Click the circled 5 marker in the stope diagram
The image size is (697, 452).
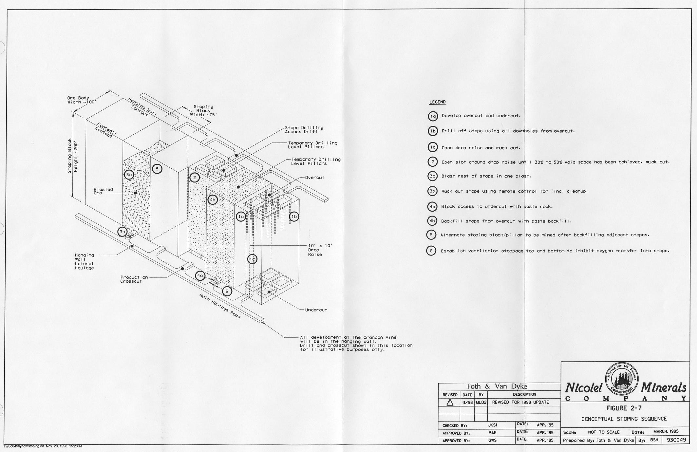coord(157,169)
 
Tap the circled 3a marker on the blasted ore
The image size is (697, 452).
coord(129,175)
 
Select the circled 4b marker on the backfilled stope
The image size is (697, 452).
coord(213,199)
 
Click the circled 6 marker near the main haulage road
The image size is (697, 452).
coord(227,291)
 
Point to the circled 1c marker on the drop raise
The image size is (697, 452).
coord(252,259)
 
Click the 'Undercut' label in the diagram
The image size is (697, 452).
coord(316,310)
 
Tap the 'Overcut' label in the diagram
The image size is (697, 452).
coord(315,178)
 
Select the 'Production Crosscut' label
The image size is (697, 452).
coord(134,279)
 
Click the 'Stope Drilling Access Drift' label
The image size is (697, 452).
coord(304,130)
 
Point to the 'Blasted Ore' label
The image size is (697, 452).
coord(103,191)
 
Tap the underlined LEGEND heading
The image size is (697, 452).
coord(437,102)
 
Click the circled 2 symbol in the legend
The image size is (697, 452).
coord(432,162)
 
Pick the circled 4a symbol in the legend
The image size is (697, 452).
coord(432,207)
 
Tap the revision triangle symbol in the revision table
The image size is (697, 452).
coord(449,403)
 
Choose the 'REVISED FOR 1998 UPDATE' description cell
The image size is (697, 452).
coord(520,402)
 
